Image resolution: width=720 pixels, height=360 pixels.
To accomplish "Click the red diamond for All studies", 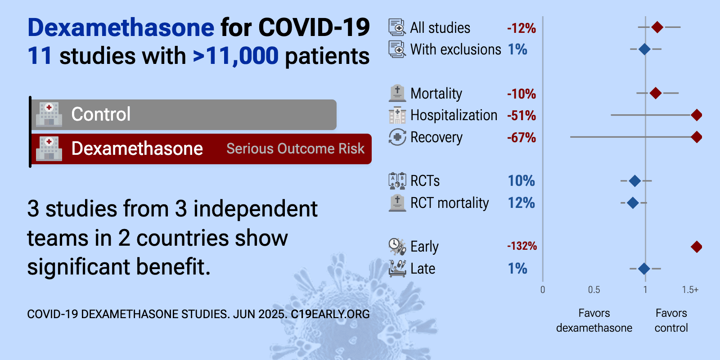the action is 657,27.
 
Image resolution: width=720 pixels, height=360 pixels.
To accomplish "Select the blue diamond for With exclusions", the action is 644,49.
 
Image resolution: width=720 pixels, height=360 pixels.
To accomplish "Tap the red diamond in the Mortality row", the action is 655,93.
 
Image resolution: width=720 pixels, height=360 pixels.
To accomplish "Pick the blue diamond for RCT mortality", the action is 633,203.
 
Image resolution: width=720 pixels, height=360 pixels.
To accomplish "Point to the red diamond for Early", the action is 696,247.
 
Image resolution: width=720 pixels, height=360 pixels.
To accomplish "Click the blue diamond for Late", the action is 644,268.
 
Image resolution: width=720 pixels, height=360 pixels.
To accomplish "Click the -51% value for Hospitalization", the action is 522,115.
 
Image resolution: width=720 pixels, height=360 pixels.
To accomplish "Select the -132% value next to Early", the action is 522,246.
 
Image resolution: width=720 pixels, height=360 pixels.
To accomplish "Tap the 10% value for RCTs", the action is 522,180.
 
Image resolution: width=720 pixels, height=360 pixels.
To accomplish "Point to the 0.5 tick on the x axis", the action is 594,290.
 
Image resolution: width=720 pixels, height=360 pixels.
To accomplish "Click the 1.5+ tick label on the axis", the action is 690,290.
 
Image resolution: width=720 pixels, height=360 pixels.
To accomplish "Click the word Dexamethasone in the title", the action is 121,27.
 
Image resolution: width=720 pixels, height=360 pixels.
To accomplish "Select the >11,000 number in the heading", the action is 236,56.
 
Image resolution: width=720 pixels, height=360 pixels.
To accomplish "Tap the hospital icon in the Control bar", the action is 49,114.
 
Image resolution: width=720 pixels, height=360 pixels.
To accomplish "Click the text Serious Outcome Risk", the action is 295,148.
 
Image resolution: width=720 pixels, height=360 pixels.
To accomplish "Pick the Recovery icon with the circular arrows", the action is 397,137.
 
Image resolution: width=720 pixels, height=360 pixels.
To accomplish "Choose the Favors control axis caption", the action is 671,320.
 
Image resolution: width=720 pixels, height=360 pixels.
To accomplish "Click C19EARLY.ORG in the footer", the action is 330,314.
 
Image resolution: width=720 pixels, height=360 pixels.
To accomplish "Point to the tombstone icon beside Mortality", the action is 397,93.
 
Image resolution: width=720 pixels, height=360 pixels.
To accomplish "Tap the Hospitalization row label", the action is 454,115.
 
